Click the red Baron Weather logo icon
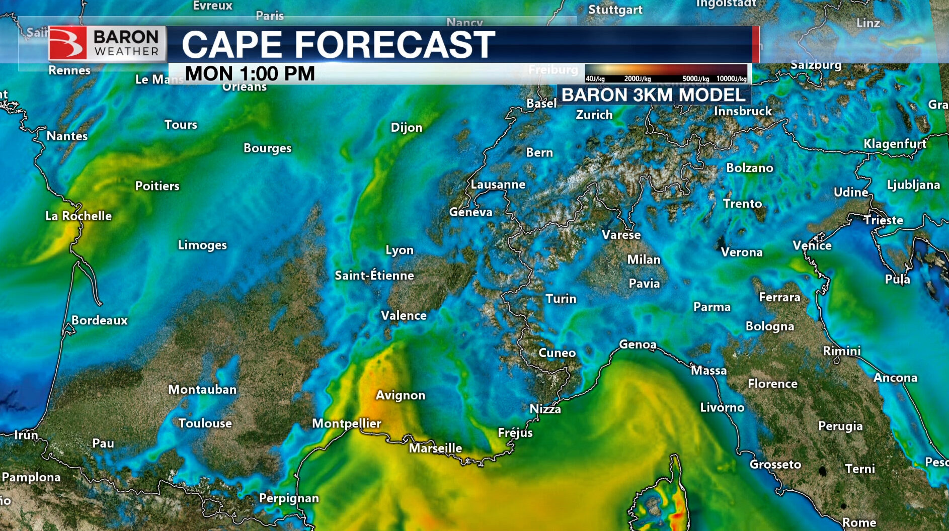(67, 43)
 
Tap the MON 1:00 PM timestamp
(250, 74)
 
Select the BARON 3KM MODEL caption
(653, 95)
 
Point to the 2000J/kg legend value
(637, 79)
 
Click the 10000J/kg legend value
(731, 79)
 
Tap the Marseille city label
(435, 448)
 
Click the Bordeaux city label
(99, 320)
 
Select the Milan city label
(644, 259)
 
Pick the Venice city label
(812, 245)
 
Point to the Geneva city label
(470, 212)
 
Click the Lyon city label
(400, 250)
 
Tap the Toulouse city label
(205, 423)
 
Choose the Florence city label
(772, 384)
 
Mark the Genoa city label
(638, 344)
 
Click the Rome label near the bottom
(859, 523)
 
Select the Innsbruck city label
(743, 111)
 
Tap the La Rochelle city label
(78, 216)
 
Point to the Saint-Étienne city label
(374, 276)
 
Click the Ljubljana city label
(913, 185)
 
